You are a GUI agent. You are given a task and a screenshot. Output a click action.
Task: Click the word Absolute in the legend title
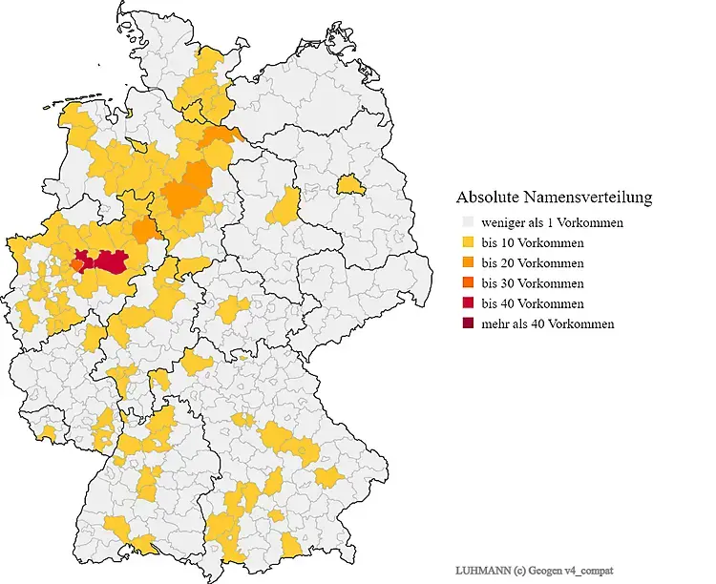486,198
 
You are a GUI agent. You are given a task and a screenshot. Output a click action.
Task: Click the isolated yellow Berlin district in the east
350,182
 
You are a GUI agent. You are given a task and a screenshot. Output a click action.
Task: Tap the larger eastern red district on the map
111,261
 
